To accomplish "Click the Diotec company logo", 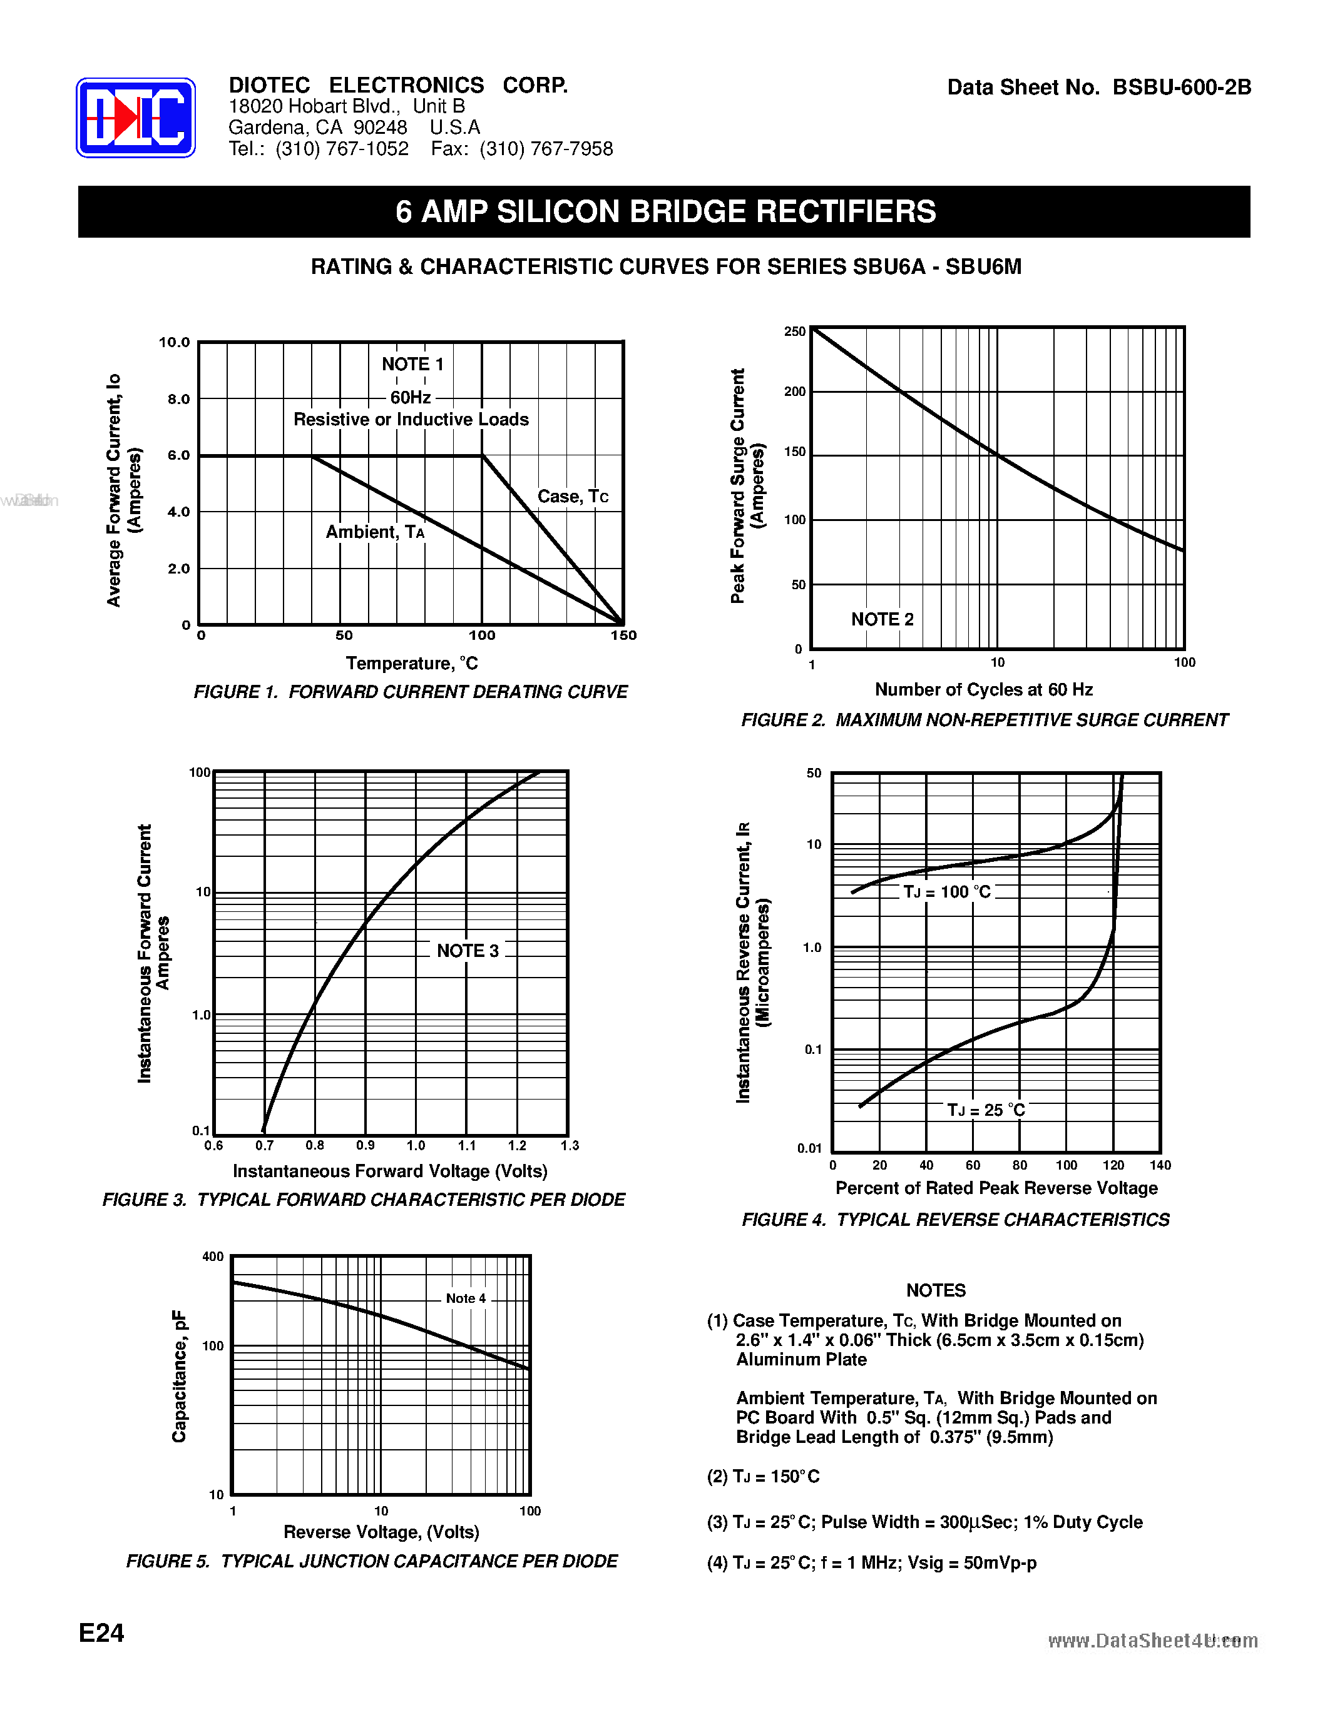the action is point(136,118).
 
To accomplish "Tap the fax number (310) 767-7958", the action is point(546,149).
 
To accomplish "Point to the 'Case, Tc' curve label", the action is point(573,496).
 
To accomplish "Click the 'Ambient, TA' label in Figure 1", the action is point(375,532).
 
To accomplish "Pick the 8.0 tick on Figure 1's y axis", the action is point(179,398).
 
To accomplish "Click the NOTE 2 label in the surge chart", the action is point(882,619).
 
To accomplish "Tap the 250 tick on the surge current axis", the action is point(795,331).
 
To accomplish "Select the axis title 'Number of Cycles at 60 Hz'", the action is point(984,690).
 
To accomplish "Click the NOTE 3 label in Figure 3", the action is point(468,951).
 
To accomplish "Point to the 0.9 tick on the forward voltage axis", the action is point(365,1145).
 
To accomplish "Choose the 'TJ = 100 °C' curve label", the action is point(947,891).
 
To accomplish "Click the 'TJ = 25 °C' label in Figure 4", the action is point(986,1110).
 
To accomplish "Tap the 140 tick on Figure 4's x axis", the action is point(1160,1165).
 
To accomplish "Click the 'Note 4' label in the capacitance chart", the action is point(466,1298).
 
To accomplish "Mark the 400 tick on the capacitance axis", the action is point(213,1256).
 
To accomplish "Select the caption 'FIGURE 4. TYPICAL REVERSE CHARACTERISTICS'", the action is point(956,1220).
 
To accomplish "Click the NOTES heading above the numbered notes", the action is point(936,1290).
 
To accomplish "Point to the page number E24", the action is point(101,1632).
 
